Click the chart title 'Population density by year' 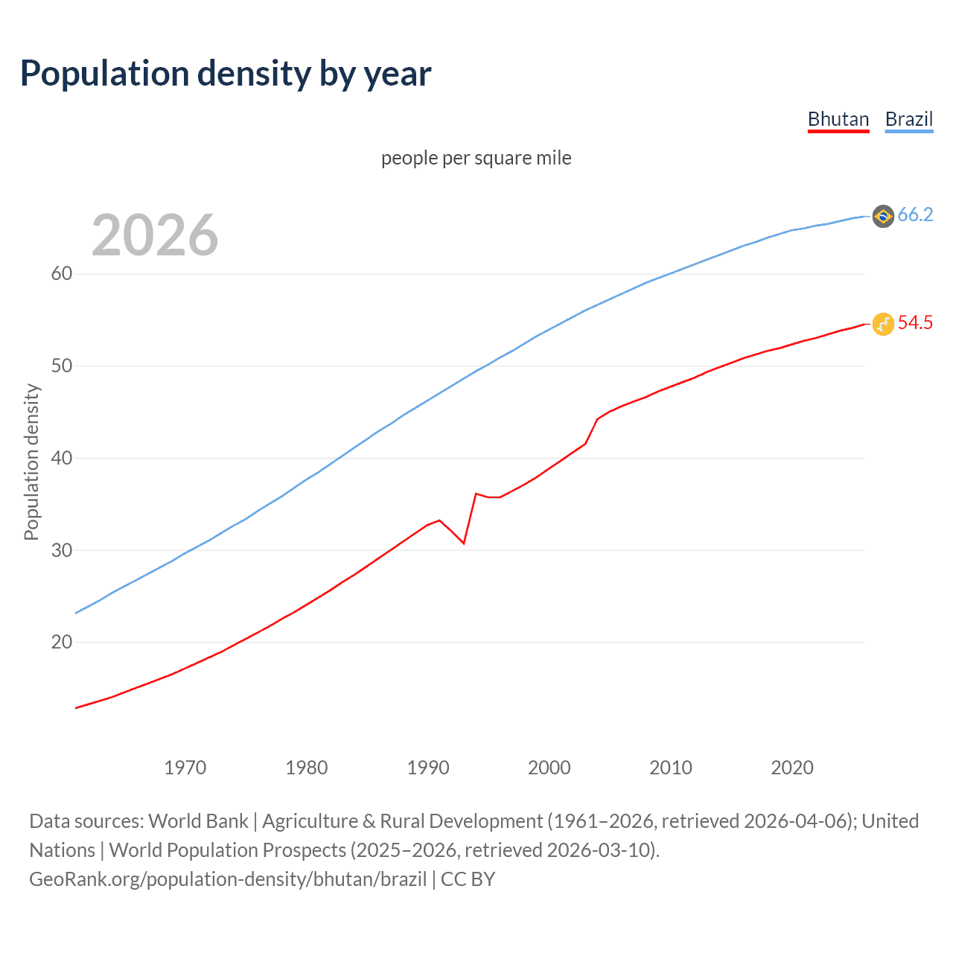[x=226, y=74]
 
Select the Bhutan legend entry [x=838, y=119]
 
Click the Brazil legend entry [x=908, y=119]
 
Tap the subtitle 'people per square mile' [x=476, y=158]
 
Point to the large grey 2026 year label [x=155, y=235]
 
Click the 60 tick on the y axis [x=62, y=274]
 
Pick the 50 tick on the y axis [x=62, y=366]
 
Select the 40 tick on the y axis [x=62, y=458]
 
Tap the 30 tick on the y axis [x=62, y=550]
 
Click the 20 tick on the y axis [x=62, y=642]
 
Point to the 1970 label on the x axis [x=185, y=768]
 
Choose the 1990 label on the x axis [x=428, y=768]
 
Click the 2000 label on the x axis [x=549, y=768]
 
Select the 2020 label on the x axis [x=792, y=768]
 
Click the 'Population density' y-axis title [x=31, y=462]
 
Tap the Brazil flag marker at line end [x=883, y=216]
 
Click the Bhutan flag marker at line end [x=883, y=324]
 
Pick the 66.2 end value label [x=915, y=215]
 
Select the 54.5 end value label [x=915, y=323]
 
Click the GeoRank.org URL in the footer [x=228, y=879]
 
